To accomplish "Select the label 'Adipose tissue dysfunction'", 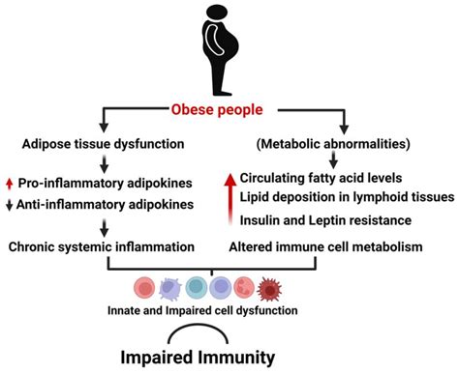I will pyautogui.click(x=104, y=146).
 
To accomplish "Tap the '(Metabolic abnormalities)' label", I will pyautogui.click(x=333, y=146).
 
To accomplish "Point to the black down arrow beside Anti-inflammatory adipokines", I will pyautogui.click(x=9, y=205).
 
